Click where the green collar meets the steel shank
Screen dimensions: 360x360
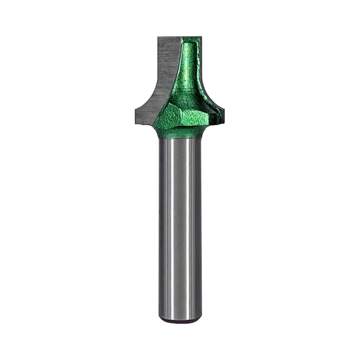[x=180, y=139]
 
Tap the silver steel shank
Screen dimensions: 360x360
[x=180, y=226]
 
